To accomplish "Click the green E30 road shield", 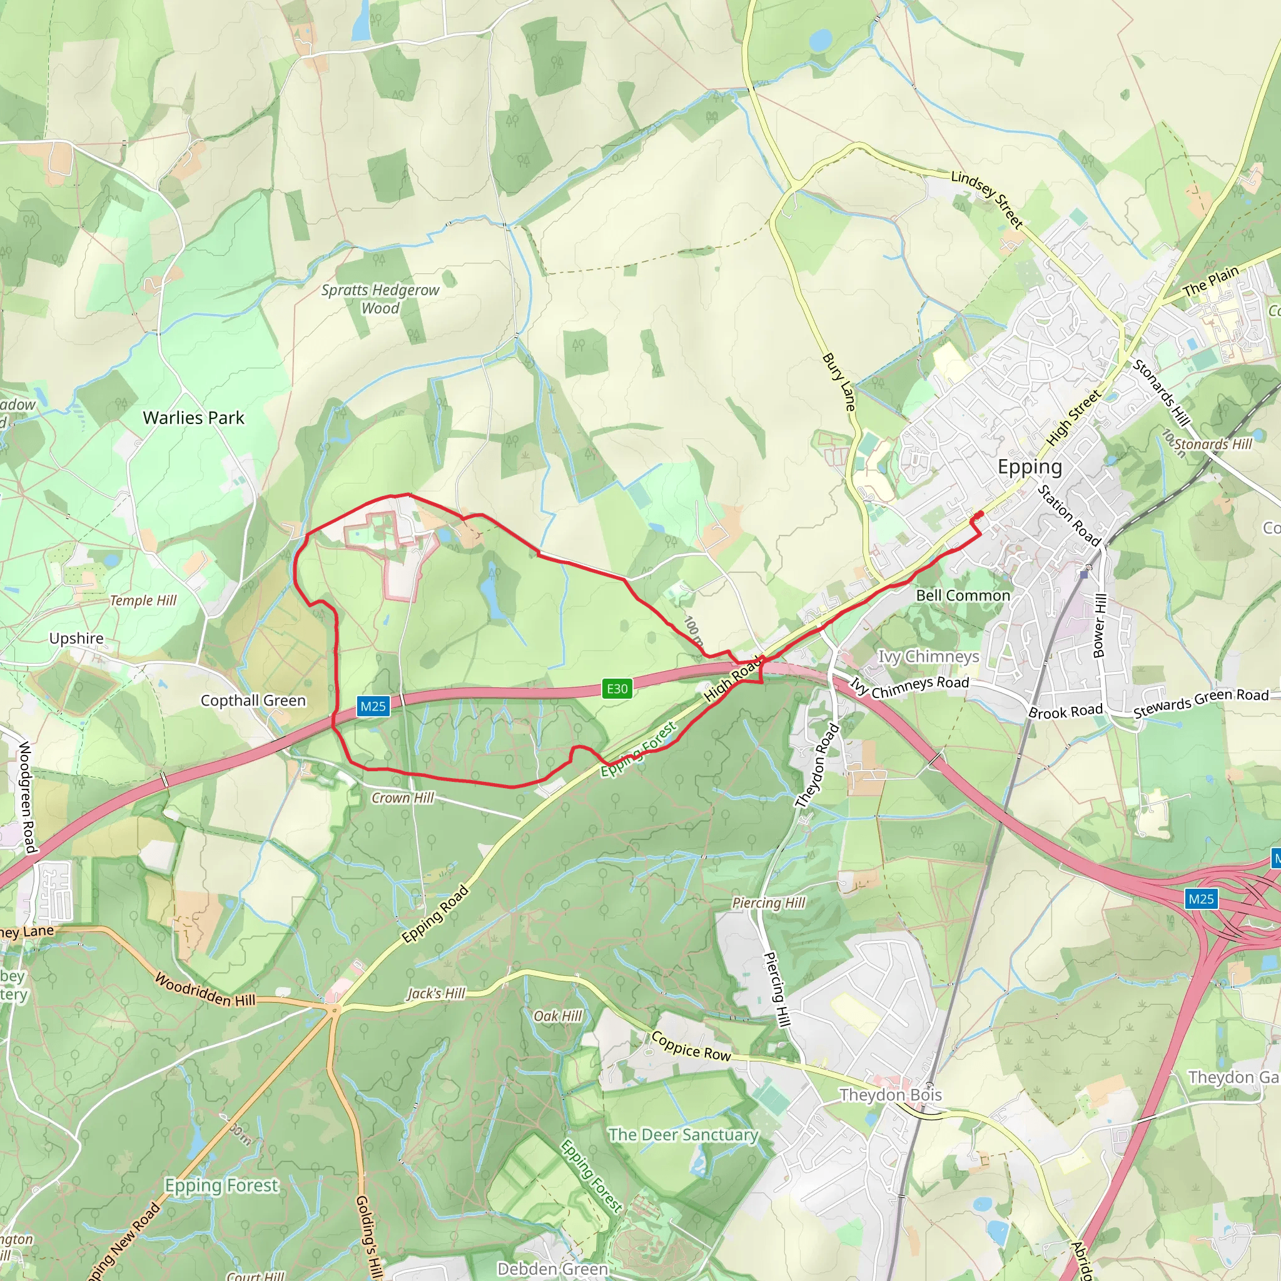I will coord(617,688).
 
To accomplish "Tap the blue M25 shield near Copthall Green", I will coord(373,706).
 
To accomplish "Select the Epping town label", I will coord(1030,467).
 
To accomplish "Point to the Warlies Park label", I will coord(194,418).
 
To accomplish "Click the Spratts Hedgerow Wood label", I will coord(380,299).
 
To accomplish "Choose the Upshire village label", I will coord(76,638).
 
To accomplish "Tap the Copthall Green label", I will coord(253,700).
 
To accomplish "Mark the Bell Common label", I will coord(963,595).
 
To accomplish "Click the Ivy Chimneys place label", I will coord(928,656).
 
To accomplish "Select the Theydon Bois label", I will coord(891,1095).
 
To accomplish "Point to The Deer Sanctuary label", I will coord(684,1135).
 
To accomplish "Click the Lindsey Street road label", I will coord(987,199).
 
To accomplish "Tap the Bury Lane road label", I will coord(839,382).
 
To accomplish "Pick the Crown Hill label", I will coord(402,797).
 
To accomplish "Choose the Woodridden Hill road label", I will coord(205,990).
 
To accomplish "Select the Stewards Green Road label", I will coord(1201,704).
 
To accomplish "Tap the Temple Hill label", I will coord(143,600).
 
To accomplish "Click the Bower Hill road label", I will coord(1100,625).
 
